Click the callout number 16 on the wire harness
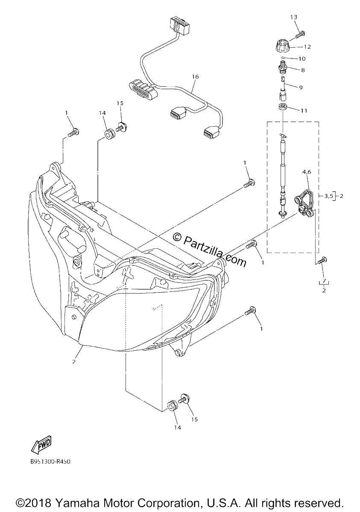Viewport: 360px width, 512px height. (195, 76)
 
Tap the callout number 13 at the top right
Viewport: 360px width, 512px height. (294, 17)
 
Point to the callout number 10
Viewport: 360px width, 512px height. (302, 59)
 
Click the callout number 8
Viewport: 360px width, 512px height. (303, 70)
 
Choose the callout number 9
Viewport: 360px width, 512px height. (301, 87)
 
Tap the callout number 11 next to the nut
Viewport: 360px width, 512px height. (304, 111)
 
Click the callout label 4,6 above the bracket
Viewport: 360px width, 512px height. (307, 172)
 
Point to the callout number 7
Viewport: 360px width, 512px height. (324, 280)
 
